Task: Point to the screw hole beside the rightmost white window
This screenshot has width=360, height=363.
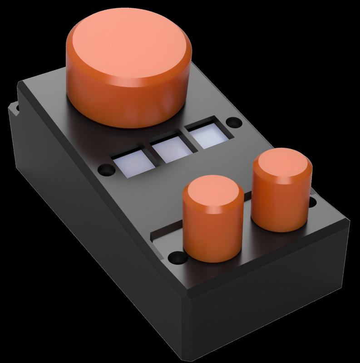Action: (x=234, y=123)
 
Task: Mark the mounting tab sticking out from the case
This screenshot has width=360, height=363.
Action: (x=14, y=109)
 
